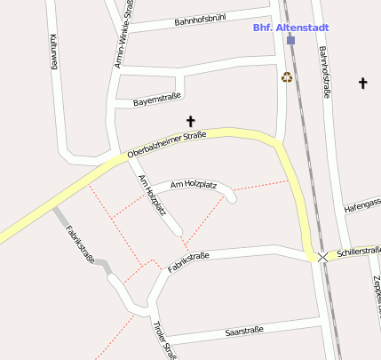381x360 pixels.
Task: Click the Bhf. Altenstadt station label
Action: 285,28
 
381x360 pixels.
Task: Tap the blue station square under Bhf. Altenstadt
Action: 290,40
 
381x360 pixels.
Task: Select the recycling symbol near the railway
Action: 287,76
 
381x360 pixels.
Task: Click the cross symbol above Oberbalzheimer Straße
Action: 190,120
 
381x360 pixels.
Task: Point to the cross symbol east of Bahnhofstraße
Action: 362,83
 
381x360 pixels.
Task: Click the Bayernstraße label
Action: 156,98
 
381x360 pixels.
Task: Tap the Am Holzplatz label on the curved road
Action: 194,183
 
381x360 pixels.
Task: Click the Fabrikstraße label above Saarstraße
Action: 188,262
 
